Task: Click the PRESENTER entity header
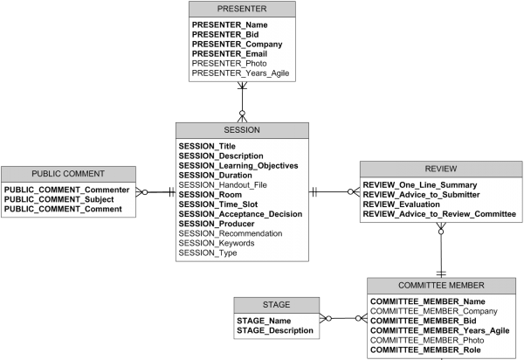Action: [243, 9]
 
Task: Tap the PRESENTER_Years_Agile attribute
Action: [240, 73]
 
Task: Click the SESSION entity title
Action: [242, 130]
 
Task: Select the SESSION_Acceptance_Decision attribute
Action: [240, 214]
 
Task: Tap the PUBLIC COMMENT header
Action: [67, 174]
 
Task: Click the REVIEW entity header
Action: [440, 169]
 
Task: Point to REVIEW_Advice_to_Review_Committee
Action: [439, 214]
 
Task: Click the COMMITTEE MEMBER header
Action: [441, 285]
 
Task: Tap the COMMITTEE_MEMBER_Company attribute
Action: [421, 310]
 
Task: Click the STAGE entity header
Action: [275, 305]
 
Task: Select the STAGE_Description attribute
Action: [274, 330]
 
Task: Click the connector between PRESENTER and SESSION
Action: [243, 103]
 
